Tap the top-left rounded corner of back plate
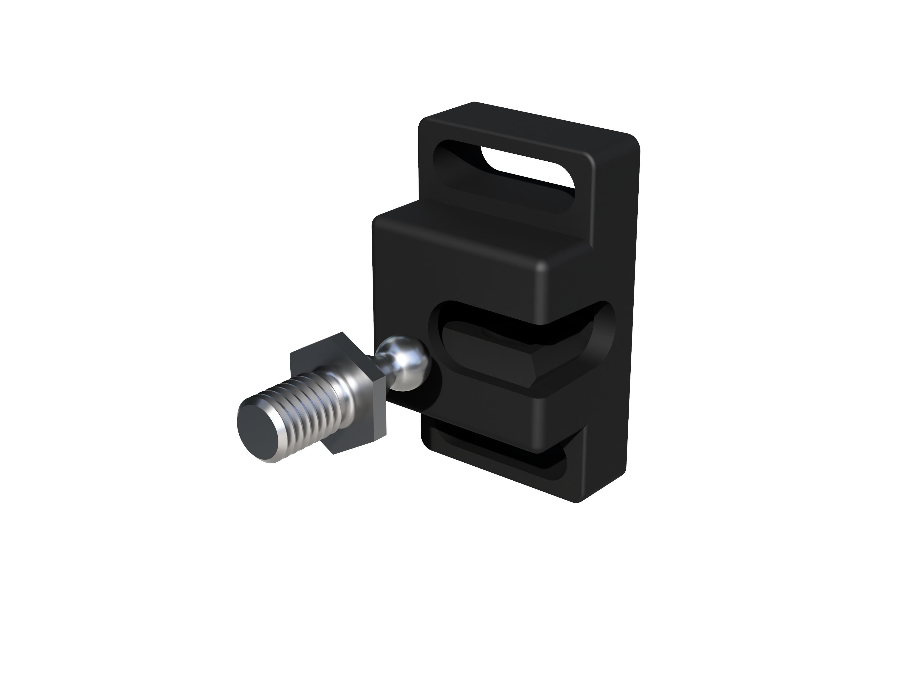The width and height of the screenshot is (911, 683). click(x=426, y=123)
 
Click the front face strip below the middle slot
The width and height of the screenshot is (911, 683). click(x=486, y=416)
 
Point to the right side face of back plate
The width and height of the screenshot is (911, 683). click(x=618, y=329)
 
